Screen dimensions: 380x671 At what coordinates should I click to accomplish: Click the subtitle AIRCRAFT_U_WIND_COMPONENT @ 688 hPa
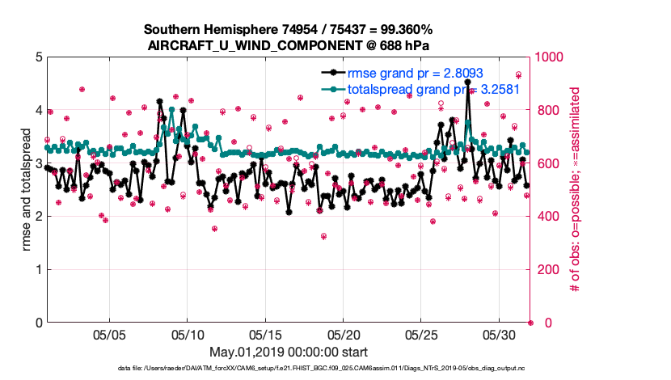[288, 45]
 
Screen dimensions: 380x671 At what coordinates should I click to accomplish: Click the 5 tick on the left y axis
[38, 57]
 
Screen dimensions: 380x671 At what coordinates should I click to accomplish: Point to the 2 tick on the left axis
[38, 217]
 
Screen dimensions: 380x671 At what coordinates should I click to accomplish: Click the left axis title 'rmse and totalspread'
[27, 190]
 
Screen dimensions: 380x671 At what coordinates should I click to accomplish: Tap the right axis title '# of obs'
[576, 190]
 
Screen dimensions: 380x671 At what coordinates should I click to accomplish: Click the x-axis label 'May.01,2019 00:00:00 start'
[289, 353]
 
